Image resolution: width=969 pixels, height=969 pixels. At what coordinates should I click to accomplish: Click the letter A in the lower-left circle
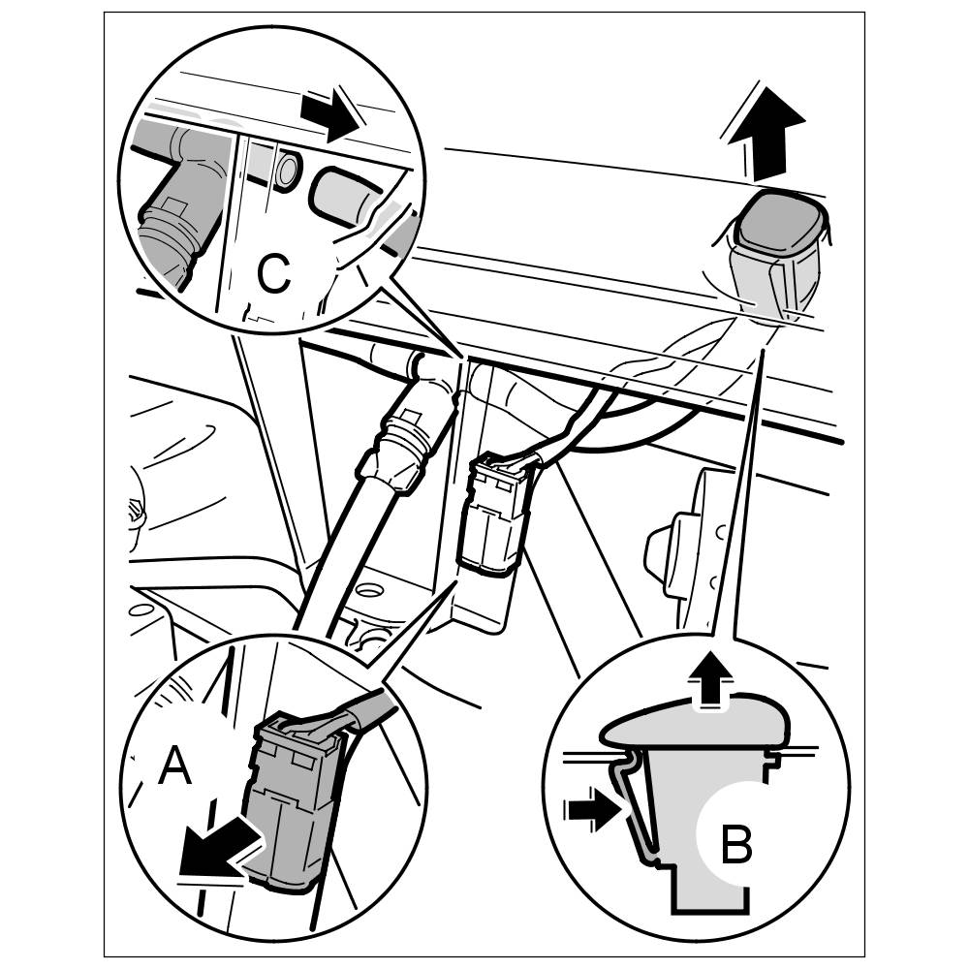point(174,768)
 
